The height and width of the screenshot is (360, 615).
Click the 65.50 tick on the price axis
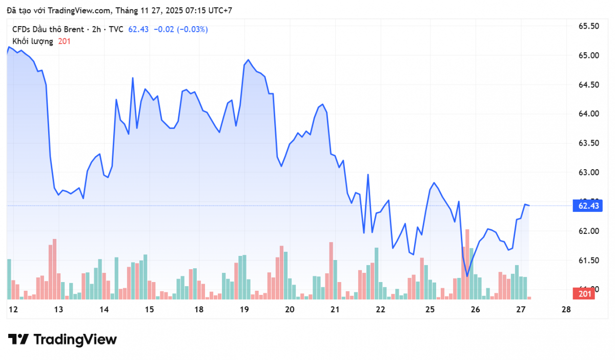click(588, 26)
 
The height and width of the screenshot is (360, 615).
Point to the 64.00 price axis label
click(588, 114)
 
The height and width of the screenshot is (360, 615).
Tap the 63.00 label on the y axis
click(588, 172)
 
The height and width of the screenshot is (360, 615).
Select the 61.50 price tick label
click(588, 261)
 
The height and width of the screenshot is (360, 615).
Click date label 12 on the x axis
click(13, 309)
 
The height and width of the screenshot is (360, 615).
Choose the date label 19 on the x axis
click(244, 309)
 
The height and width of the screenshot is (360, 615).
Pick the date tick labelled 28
click(566, 309)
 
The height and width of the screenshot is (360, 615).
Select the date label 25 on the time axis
click(430, 309)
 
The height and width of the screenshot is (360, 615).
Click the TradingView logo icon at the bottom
click(18, 339)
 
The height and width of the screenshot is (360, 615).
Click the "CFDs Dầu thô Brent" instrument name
click(46, 29)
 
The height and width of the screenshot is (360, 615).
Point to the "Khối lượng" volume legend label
click(33, 41)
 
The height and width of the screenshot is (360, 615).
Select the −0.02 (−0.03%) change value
click(181, 29)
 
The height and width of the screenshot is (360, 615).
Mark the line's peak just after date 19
click(248, 60)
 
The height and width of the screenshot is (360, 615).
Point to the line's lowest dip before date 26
click(467, 276)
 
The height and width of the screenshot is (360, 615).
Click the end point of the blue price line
click(529, 206)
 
